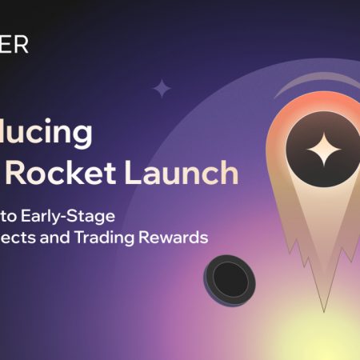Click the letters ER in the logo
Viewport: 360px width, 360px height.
point(14,45)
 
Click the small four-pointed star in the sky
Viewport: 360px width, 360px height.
point(162,88)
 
